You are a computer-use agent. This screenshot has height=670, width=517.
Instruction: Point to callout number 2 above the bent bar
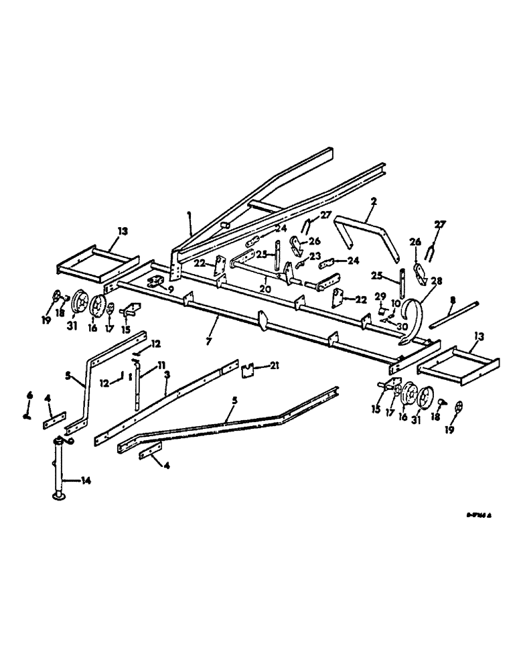(x=373, y=202)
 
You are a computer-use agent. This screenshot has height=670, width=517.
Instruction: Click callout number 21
(x=275, y=365)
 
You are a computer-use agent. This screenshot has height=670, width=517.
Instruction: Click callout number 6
(x=29, y=396)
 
